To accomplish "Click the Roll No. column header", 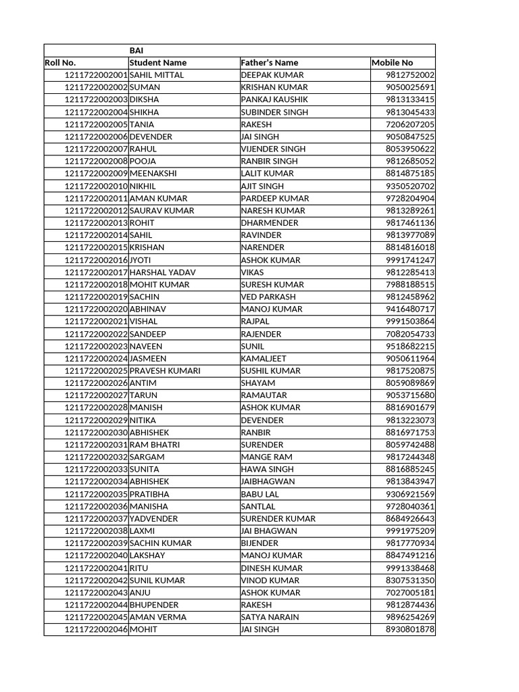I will tap(60, 63).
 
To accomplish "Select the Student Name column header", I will tap(158, 63).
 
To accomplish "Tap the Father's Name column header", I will tap(270, 63).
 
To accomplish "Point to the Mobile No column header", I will tap(392, 63).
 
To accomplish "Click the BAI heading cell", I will tap(137, 51).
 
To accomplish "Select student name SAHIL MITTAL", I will tap(157, 75).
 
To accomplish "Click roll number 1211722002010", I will tap(96, 186).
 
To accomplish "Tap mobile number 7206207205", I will tap(410, 124).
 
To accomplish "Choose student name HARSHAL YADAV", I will tap(162, 272).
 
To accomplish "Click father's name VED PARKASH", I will tap(268, 297).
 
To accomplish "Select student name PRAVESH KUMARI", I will tap(165, 371).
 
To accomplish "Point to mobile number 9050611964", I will tap(410, 358).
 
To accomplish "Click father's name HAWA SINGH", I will tap(268, 469).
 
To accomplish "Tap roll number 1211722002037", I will tap(96, 518).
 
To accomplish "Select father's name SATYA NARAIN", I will tap(270, 617).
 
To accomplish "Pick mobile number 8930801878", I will tap(410, 629).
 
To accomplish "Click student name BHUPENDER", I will tap(154, 605).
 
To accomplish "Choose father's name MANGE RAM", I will tap(267, 457).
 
